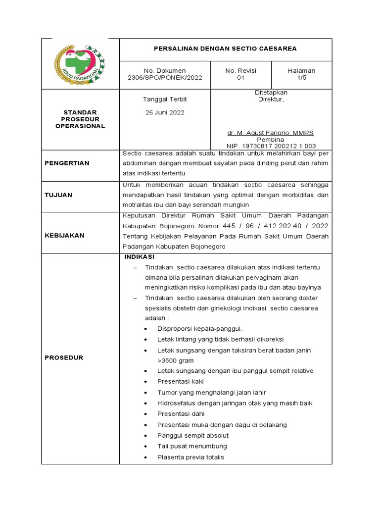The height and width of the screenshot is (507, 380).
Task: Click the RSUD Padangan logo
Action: point(80,64)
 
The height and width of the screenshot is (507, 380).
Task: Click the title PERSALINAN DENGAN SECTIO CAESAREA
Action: point(226,49)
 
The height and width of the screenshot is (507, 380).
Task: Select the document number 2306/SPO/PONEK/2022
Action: point(165,78)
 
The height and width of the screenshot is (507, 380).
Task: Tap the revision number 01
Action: point(241,78)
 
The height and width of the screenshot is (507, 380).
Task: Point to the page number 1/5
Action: point(301,78)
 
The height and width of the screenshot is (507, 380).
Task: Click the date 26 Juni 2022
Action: point(165,112)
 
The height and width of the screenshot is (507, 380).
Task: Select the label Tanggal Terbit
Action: point(165,100)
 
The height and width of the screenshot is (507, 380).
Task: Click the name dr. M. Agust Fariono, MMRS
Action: point(270,133)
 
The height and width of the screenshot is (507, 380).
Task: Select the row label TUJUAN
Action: point(58,195)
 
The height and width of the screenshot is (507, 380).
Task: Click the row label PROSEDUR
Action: point(64,357)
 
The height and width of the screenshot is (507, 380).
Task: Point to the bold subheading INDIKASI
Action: point(140,257)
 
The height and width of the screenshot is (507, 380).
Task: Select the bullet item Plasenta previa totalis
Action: point(190,457)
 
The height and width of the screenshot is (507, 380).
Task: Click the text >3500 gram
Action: point(175,360)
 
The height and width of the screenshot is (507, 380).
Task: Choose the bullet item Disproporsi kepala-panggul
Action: point(199,328)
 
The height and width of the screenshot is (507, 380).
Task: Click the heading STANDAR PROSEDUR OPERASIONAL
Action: point(80,119)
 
